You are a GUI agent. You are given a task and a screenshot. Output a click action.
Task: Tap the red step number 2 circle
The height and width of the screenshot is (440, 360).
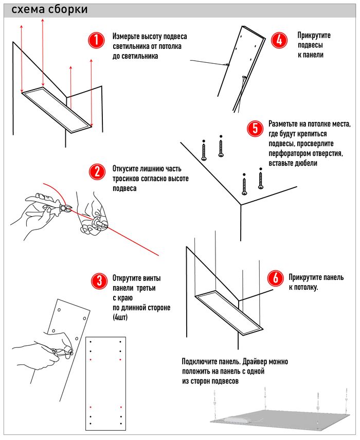click(96, 171)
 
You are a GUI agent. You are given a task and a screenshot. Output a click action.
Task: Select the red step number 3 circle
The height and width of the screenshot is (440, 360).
click(96, 279)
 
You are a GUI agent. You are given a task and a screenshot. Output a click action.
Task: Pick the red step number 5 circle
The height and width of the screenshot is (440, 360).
click(254, 128)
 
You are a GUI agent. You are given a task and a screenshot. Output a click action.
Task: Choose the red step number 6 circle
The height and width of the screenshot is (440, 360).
click(274, 278)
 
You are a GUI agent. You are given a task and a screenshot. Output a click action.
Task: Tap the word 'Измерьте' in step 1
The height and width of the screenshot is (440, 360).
click(128, 38)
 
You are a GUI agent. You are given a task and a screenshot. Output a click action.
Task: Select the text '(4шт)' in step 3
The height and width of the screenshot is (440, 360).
click(120, 318)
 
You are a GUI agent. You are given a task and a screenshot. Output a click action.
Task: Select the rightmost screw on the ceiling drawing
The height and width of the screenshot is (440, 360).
click(261, 180)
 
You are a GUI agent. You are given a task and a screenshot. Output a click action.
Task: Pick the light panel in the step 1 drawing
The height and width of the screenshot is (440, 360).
click(57, 108)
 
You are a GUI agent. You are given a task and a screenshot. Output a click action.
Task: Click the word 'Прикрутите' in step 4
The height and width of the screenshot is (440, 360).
click(314, 35)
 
